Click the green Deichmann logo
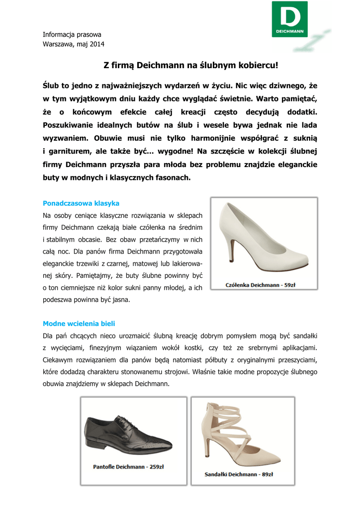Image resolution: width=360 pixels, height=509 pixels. coord(289,19)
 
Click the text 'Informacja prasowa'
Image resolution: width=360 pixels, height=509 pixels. coord(72,35)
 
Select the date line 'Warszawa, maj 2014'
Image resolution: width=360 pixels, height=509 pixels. coord(73,44)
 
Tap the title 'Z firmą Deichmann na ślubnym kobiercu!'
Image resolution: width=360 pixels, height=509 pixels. coord(190,65)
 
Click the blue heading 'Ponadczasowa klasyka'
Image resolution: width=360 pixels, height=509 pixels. coord(81,203)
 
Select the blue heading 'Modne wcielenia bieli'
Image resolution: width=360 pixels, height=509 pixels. coord(79,323)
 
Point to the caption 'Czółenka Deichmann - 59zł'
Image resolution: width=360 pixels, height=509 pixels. coord(263,285)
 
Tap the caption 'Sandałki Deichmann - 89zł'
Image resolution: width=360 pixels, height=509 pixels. coord(239,474)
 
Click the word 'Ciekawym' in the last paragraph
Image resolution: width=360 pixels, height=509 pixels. coord(59,359)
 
